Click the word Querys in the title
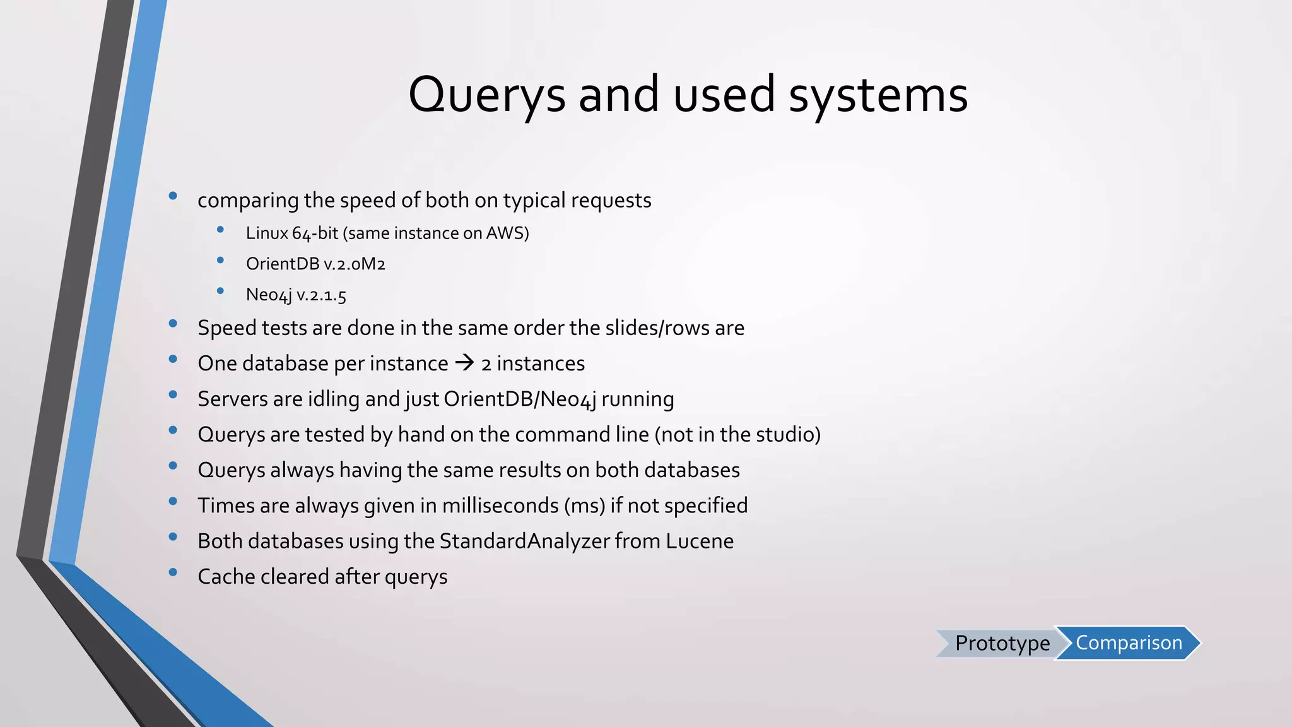click(486, 95)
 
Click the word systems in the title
click(878, 95)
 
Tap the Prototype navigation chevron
click(1001, 643)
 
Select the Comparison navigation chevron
click(1129, 643)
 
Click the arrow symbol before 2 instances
click(464, 363)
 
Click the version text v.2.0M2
click(354, 264)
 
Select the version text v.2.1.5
click(321, 295)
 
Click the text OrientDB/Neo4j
click(519, 399)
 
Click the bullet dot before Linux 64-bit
click(220, 230)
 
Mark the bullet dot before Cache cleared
click(173, 573)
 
